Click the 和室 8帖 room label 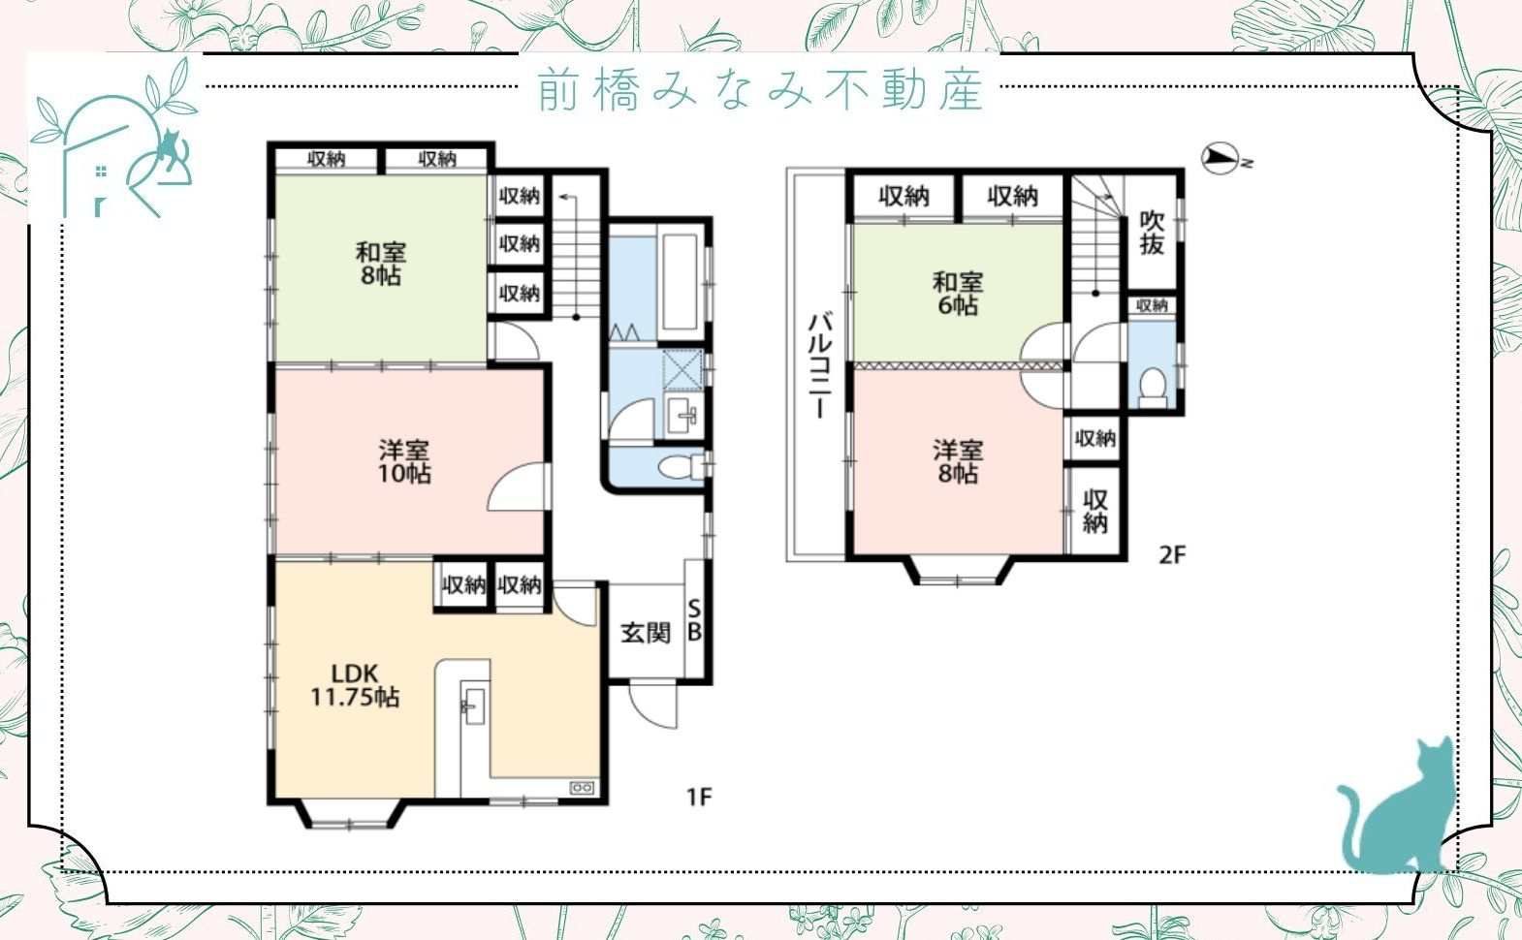point(380,264)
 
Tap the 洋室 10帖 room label point(404,461)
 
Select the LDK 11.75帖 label point(355,684)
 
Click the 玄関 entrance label point(646,633)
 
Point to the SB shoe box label point(694,620)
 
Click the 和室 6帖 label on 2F point(957,294)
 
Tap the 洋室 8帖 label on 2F point(957,461)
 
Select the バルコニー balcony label point(818,364)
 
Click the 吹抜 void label point(1152,233)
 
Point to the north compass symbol point(1223,159)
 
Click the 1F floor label point(699,797)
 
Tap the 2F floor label point(1172,554)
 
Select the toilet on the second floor point(1153,385)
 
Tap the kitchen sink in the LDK point(473,705)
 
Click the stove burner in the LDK point(582,788)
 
